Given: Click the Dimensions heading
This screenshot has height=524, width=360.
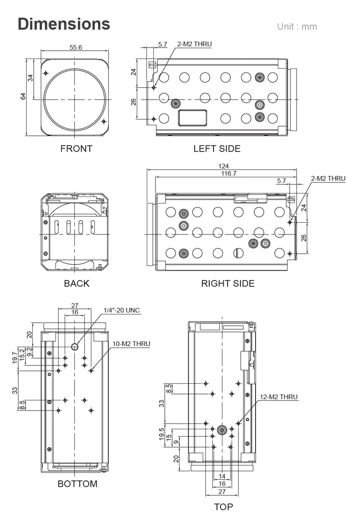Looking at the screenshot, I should tap(64, 24).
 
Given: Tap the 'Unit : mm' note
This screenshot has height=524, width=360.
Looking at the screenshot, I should tap(297, 27).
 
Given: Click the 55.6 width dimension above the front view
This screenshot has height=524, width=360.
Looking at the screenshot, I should tap(76, 47).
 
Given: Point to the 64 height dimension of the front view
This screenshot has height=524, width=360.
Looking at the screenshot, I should tap(23, 96).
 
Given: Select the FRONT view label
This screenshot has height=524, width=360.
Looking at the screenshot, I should tap(76, 148).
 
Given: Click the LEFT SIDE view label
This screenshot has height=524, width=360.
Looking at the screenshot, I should tap(217, 148).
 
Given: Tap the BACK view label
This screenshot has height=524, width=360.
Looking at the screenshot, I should tap(76, 283).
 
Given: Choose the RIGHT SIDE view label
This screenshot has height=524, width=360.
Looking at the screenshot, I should tap(228, 283).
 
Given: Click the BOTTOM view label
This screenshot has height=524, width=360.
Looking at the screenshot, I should tap(77, 484).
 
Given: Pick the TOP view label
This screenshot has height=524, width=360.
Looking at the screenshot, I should tap(223, 507).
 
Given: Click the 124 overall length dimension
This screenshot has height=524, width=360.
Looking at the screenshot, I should tap(223, 166).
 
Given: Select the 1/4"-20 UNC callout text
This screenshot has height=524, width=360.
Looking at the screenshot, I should tap(122, 310).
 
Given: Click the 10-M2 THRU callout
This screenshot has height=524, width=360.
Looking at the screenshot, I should tap(131, 344).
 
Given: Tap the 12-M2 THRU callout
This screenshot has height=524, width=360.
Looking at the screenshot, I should tap(278, 397).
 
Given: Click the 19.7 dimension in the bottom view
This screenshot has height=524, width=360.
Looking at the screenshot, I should tap(15, 357).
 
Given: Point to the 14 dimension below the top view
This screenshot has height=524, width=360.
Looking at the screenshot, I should tap(222, 476).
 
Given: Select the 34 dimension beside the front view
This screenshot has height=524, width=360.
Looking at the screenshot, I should tap(30, 78).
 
